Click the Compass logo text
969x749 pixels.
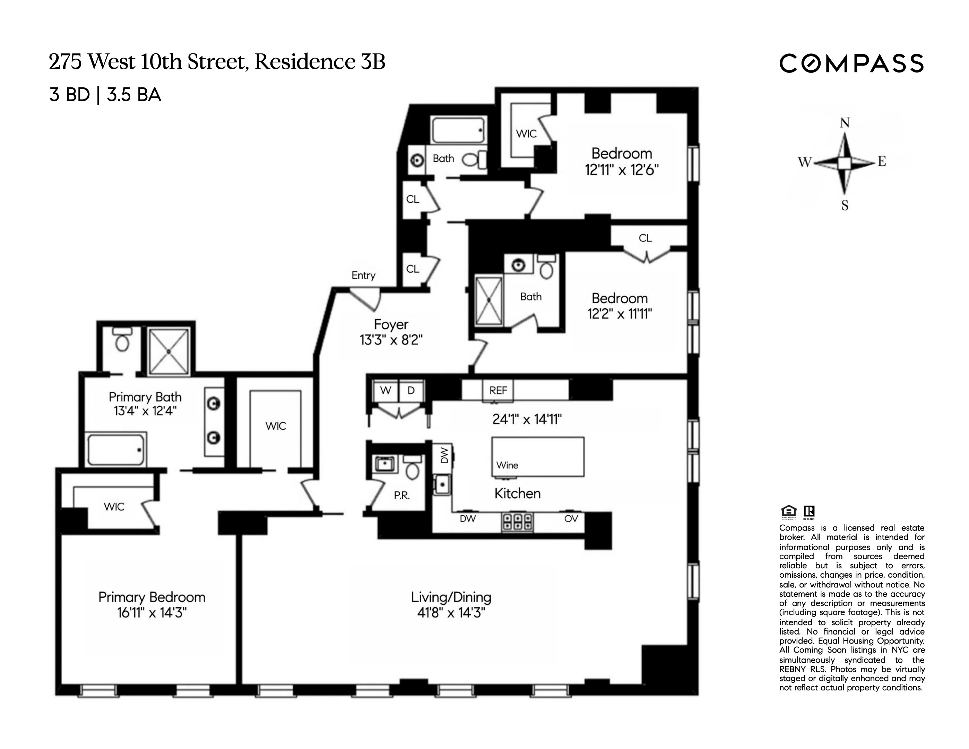point(851,64)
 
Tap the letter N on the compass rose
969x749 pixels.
point(844,123)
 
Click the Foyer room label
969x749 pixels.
point(390,324)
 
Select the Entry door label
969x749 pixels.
point(363,276)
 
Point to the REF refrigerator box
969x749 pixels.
point(498,390)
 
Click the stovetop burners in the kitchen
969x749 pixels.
point(517,522)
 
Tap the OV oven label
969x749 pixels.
point(571,519)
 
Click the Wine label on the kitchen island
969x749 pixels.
point(507,465)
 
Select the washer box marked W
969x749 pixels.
point(386,390)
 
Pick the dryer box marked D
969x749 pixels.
point(411,390)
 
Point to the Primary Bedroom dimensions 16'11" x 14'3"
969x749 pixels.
point(152,613)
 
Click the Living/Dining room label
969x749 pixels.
point(451,597)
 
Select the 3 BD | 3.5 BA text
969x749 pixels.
point(105,95)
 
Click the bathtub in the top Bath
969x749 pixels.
point(458,130)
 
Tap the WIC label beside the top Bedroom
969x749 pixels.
point(526,134)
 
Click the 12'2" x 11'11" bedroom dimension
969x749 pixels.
point(620,314)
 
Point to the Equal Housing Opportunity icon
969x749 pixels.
point(788,511)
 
